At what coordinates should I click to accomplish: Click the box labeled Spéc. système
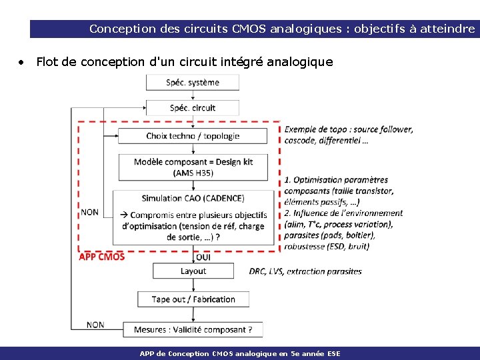pos(193,83)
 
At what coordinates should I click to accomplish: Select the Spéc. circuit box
pos(193,107)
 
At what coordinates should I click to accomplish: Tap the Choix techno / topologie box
pos(193,136)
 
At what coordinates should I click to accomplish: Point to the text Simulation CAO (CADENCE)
pos(193,198)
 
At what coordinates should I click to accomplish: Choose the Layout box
pos(193,271)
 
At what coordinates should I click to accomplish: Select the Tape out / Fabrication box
pos(193,299)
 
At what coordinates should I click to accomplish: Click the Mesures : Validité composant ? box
pos(193,329)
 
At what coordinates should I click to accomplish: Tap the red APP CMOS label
pos(101,257)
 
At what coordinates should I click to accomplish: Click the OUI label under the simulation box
pos(204,257)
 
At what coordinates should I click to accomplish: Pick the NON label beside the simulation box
pos(89,212)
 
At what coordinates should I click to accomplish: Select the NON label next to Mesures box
pos(95,325)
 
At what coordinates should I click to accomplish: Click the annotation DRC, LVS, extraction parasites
pos(305,271)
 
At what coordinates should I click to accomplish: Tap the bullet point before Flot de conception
pos(22,62)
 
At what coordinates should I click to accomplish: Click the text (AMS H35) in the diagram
pos(193,173)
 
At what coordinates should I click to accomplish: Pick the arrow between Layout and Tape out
pos(193,285)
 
